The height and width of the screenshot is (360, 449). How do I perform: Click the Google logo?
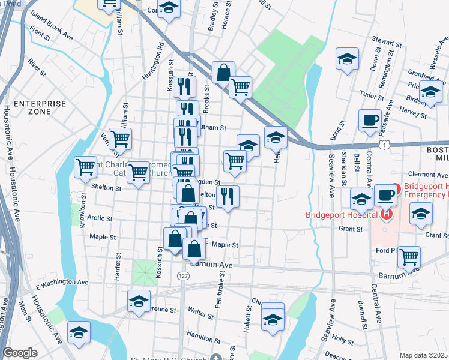(x=20, y=353)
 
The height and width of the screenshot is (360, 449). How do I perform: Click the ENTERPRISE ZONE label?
(x=40, y=108)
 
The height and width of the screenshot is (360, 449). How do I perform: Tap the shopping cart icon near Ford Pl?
(x=409, y=256)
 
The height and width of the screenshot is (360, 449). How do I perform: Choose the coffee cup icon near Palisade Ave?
(x=369, y=119)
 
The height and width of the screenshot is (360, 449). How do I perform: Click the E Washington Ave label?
(x=62, y=281)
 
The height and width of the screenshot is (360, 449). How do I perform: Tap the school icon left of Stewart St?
(x=346, y=58)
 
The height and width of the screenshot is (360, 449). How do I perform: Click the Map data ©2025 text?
(x=423, y=355)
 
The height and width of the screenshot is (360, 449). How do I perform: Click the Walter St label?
(x=201, y=313)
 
